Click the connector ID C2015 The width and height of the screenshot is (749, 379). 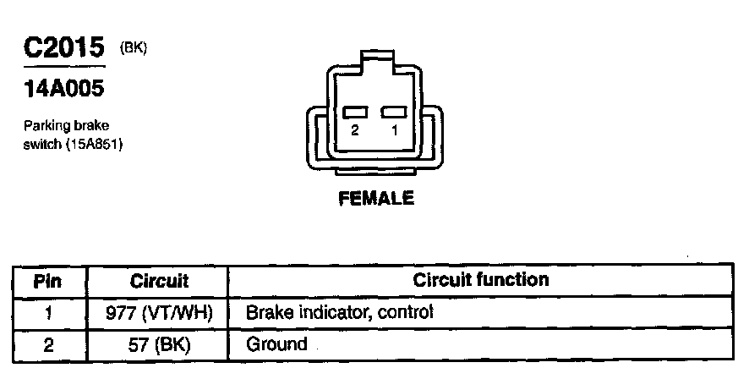coord(64,49)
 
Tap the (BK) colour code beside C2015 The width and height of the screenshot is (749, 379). coord(134,47)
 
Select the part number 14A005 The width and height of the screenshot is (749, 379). coord(63,89)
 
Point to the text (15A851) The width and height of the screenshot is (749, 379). coord(94,144)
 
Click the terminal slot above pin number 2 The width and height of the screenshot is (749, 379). coord(355,113)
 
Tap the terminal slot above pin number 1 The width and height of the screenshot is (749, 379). coord(394,113)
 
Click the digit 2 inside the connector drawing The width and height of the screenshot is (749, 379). coord(355,132)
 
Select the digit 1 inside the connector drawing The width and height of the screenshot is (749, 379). coord(394,132)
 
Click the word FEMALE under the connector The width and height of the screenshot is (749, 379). coord(375,199)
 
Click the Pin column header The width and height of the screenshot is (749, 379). coord(48,280)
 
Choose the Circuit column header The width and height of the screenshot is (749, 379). coord(159,280)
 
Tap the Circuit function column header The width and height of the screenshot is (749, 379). coord(480,279)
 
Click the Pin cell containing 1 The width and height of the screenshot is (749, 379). coord(48,312)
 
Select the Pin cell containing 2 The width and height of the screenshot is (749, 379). coord(48,344)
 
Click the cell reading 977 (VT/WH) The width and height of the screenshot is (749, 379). coord(159,312)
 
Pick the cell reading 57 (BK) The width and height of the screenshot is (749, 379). coord(159,344)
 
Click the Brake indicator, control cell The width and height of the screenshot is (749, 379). coord(338,312)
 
